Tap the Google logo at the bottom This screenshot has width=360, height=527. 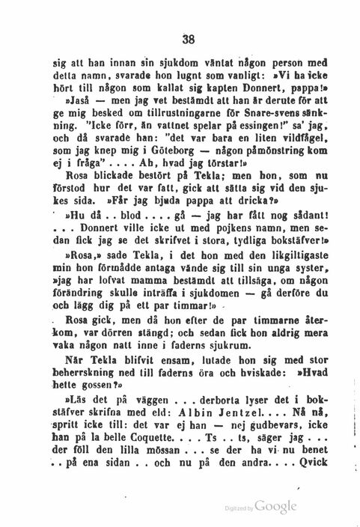(275, 508)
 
